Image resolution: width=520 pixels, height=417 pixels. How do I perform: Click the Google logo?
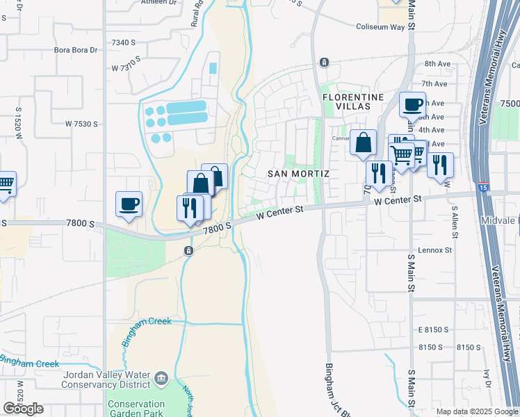coord(24,409)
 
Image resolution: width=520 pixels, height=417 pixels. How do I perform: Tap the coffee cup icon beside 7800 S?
coord(129,204)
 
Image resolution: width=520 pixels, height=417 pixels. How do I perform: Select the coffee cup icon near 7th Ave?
coord(412,106)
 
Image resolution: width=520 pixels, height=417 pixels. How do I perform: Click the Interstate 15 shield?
coord(484,187)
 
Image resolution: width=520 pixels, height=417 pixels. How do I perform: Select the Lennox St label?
coord(435,250)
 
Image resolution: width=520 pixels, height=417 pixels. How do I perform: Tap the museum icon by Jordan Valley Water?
coord(161,379)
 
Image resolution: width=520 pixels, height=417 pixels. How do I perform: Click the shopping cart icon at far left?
coord(6,185)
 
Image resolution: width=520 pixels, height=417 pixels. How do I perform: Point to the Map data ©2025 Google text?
coord(476,411)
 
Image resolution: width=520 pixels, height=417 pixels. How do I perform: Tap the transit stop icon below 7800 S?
coord(188,250)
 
